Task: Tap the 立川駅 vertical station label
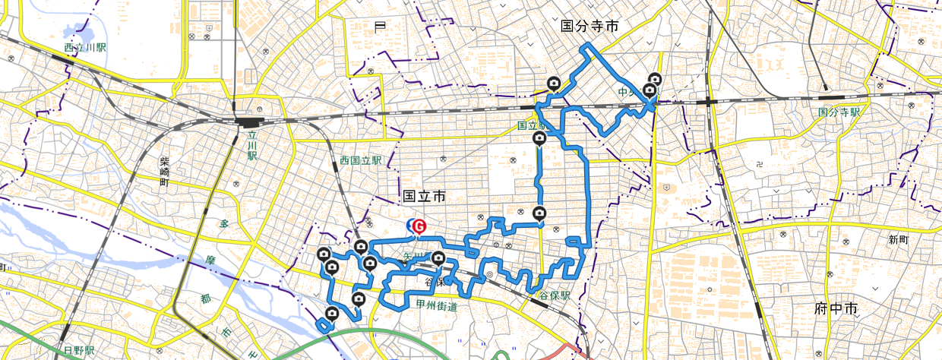(x=251, y=144)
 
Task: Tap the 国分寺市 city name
(x=590, y=26)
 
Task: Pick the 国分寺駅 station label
(x=839, y=112)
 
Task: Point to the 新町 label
(x=898, y=239)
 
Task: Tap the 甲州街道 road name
(x=436, y=305)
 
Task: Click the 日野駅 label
(x=78, y=351)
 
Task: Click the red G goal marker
(x=419, y=226)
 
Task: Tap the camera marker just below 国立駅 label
(x=539, y=138)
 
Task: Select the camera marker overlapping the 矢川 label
(x=438, y=258)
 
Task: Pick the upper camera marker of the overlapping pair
(x=654, y=79)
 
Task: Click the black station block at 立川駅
(x=248, y=122)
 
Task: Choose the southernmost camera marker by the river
(x=332, y=314)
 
